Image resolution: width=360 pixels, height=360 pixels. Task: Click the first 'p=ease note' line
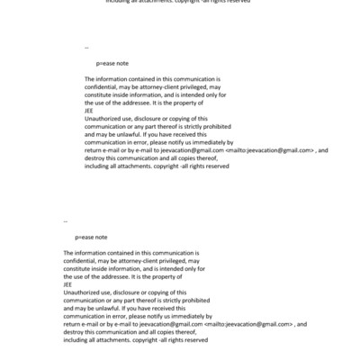click(112, 65)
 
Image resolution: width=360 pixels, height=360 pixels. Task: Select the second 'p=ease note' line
click(92, 237)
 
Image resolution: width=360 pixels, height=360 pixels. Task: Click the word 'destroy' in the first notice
click(94, 157)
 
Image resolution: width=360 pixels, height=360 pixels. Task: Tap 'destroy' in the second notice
click(75, 329)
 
